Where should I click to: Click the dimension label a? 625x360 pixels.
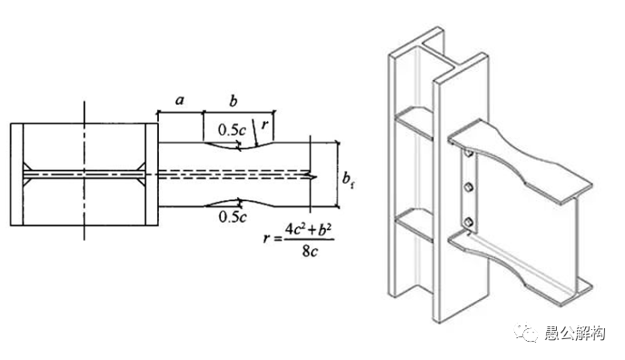pos(180,100)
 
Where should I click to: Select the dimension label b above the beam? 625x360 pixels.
pos(233,101)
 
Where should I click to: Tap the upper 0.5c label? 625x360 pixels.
pos(232,130)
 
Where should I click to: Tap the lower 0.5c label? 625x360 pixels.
pos(233,216)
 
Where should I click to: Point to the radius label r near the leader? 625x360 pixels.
pos(264,125)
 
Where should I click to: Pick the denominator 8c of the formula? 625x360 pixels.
pos(310,250)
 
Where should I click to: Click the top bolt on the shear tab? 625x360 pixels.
pos(469,154)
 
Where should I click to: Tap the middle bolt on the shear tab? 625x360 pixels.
pos(469,186)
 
